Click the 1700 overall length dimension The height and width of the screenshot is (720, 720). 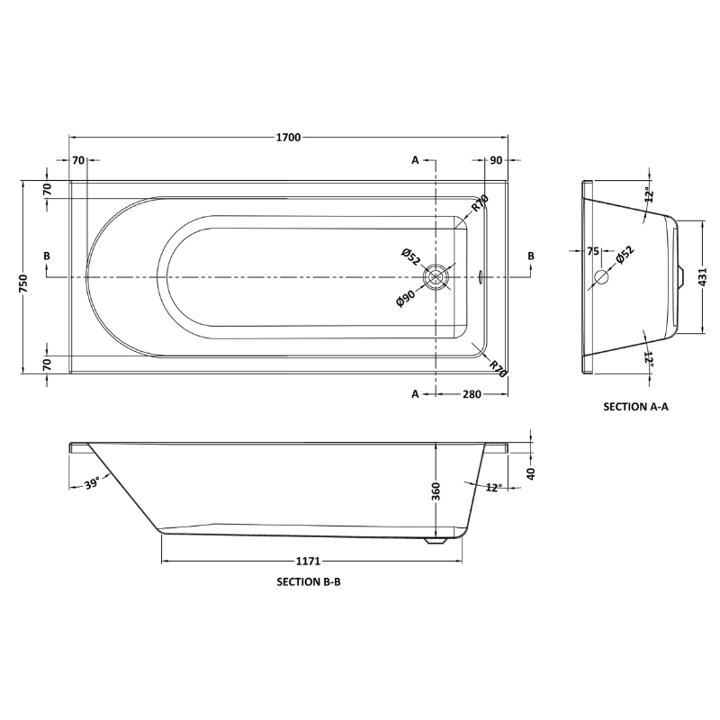pyautogui.click(x=288, y=138)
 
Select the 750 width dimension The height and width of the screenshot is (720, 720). pyautogui.click(x=23, y=283)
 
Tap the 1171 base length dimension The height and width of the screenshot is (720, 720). pyautogui.click(x=308, y=561)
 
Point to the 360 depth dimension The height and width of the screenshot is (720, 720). pyautogui.click(x=436, y=490)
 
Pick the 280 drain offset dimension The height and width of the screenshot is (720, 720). pyautogui.click(x=472, y=394)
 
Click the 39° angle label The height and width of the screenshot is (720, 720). pyautogui.click(x=92, y=483)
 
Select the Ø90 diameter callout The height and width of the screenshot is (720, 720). pyautogui.click(x=406, y=298)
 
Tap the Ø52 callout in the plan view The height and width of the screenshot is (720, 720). pyautogui.click(x=410, y=256)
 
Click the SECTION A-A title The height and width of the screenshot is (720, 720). pyautogui.click(x=636, y=407)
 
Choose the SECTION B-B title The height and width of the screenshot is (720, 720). pyautogui.click(x=309, y=581)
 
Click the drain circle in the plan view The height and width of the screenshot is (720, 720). pyautogui.click(x=436, y=277)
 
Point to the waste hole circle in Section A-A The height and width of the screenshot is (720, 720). pyautogui.click(x=601, y=277)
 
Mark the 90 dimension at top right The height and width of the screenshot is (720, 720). pyautogui.click(x=497, y=160)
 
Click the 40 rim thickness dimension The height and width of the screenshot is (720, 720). pyautogui.click(x=531, y=473)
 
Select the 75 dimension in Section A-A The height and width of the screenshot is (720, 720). pyautogui.click(x=593, y=251)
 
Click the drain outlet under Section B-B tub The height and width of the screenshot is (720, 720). pyautogui.click(x=436, y=541)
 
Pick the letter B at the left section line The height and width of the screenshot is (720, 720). pyautogui.click(x=47, y=256)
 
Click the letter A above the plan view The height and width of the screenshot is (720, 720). pyautogui.click(x=415, y=160)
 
